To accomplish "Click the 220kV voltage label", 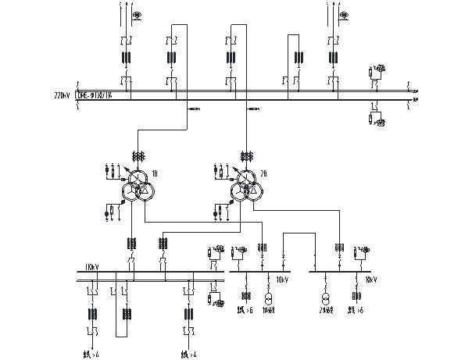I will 62,94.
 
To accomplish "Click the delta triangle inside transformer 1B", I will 143,191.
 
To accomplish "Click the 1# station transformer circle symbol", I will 267,301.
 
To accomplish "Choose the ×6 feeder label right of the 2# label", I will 357,312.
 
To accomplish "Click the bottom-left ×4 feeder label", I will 93,355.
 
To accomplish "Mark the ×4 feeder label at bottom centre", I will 189,355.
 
